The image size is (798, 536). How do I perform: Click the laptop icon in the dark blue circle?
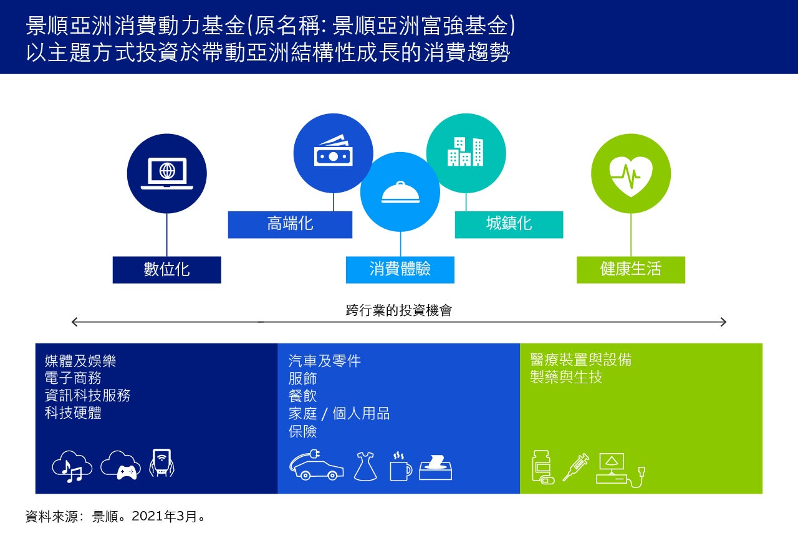166,173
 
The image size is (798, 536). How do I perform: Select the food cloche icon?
400,193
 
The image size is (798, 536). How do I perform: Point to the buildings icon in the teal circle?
465,151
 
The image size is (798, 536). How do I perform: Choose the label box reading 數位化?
166,270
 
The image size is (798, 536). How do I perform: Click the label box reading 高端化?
290,224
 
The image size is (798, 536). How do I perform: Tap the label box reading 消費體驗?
400,270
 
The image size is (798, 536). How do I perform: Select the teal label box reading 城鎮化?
509,224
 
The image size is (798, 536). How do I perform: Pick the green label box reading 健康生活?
631,270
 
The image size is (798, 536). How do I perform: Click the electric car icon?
316,465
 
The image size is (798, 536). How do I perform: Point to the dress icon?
365,467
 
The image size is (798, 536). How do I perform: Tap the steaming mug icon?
401,467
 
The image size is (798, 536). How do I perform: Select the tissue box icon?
436,467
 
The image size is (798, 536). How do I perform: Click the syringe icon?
575,467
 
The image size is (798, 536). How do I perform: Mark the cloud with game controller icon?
120,466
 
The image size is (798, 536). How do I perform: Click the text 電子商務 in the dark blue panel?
73,378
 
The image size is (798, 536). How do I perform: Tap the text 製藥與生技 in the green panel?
566,377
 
